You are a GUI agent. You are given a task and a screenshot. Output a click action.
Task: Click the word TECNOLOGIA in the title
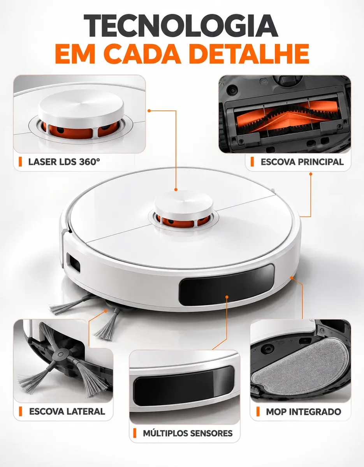[x=181, y=26]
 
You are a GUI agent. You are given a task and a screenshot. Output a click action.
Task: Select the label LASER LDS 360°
[x=64, y=162]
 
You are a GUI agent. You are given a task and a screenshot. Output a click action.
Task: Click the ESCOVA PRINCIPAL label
[x=302, y=162]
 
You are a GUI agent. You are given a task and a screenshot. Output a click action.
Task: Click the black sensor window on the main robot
[x=227, y=285]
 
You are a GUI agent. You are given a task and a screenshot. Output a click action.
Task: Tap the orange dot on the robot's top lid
[x=176, y=190]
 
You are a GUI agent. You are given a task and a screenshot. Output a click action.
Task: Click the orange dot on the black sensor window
[x=227, y=297]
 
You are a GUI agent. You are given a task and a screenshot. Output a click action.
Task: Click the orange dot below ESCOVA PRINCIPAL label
[x=310, y=174]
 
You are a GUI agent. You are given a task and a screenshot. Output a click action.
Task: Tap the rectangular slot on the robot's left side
[x=73, y=263]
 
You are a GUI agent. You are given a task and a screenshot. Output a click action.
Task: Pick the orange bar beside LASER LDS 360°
[x=20, y=162]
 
